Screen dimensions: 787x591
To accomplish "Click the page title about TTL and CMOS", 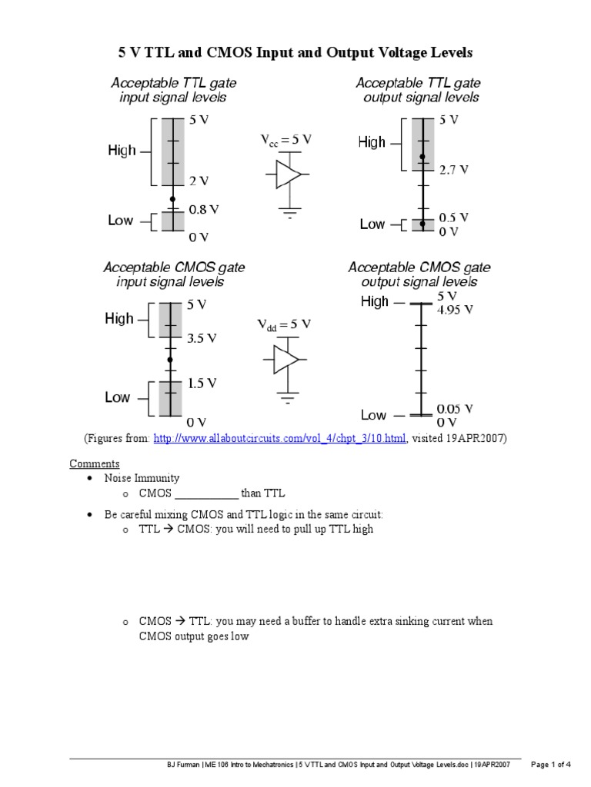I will point(295,53).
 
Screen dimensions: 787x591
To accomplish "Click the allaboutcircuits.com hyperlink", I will point(279,438).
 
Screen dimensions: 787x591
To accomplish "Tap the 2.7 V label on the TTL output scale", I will point(454,171).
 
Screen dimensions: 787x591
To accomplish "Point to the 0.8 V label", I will point(204,208).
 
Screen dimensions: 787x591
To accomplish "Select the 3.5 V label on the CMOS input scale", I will point(202,338).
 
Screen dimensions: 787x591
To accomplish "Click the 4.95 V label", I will point(455,310).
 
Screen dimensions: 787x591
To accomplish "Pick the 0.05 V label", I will point(455,409).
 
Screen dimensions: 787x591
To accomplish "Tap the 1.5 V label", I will point(202,383).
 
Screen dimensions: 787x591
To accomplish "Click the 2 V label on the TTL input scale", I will point(199,181).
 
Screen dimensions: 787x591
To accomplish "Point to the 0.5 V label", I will point(454,218).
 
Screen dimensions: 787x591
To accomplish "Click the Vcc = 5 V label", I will point(285,140).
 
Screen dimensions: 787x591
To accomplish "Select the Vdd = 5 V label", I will point(284,325).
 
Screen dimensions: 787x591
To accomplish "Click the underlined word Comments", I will point(95,463).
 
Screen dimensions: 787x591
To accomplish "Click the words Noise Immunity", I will point(136,478).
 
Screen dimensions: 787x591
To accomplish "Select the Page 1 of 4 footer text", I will point(551,765).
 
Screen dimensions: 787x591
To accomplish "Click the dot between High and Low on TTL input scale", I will point(172,198).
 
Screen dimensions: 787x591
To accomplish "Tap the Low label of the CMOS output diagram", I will point(373,415).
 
